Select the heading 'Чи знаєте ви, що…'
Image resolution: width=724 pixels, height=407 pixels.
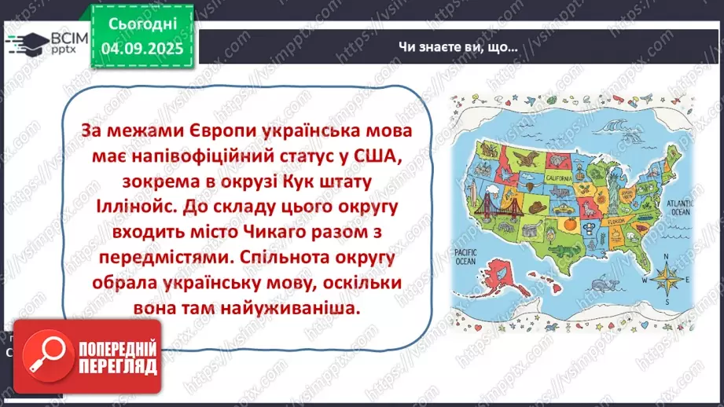click(x=458, y=46)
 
